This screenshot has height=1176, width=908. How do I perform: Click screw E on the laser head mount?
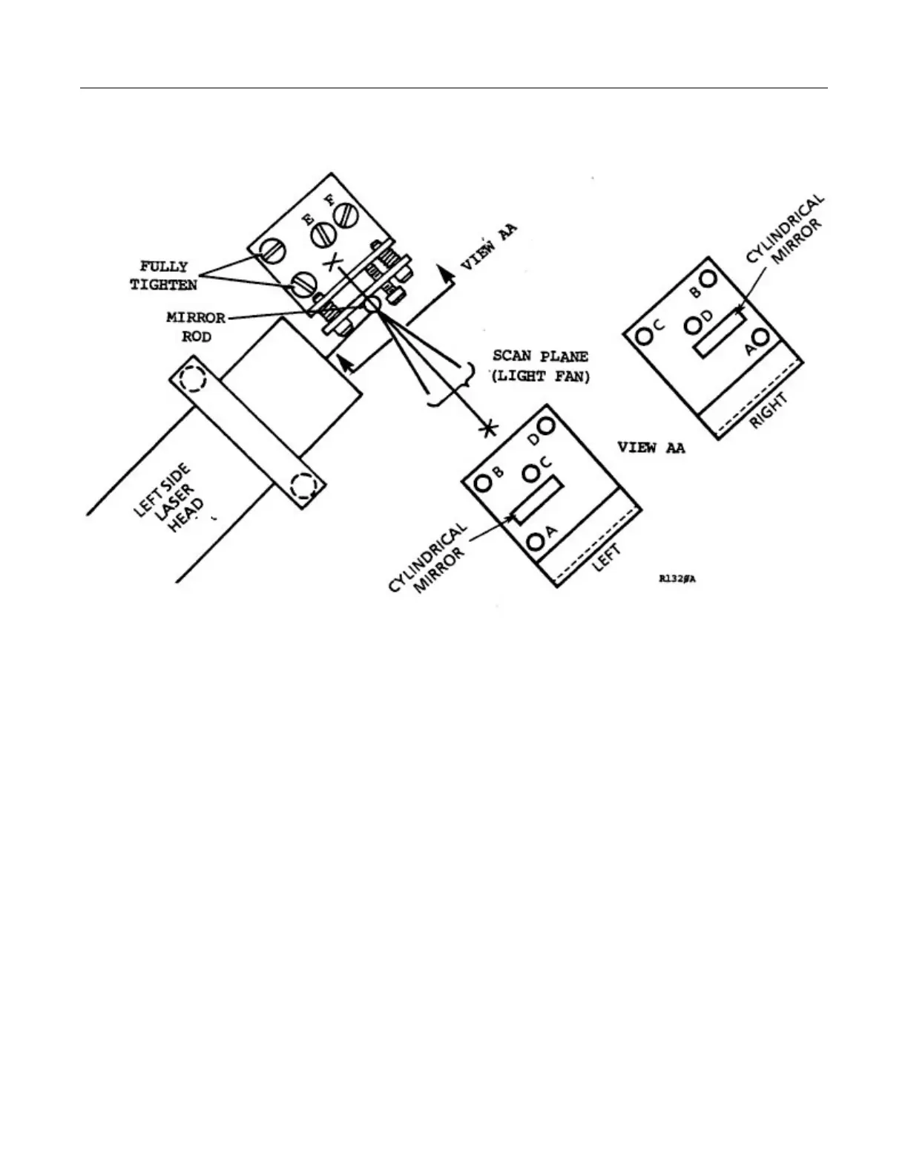point(323,235)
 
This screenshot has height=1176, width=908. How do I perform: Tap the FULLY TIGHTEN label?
point(164,275)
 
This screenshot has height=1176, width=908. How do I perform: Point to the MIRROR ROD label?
point(196,327)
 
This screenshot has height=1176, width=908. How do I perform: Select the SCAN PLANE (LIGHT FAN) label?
point(541,366)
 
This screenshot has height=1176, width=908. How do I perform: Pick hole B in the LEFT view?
point(483,483)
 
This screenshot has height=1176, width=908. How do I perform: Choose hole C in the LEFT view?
point(531,472)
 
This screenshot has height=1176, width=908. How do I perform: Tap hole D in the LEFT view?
point(547,426)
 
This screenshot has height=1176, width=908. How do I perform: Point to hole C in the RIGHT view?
point(645,336)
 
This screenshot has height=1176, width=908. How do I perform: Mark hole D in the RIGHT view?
point(693,324)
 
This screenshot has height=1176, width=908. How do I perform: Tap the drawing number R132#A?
point(677,579)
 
